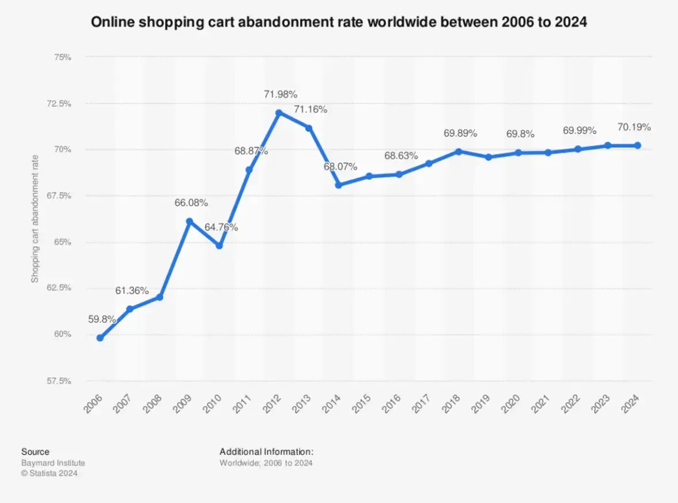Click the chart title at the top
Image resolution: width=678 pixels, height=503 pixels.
pyautogui.click(x=339, y=23)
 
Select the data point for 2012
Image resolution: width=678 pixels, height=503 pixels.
pyautogui.click(x=279, y=113)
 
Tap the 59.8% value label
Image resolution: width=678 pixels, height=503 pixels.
pyautogui.click(x=102, y=319)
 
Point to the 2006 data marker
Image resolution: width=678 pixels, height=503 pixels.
pyautogui.click(x=100, y=338)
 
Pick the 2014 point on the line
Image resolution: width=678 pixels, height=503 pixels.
pyautogui.click(x=339, y=185)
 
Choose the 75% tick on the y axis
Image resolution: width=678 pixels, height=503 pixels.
pyautogui.click(x=62, y=57)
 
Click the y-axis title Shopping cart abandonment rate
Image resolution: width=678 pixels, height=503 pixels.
pyautogui.click(x=35, y=219)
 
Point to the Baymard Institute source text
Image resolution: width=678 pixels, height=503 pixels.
pyautogui.click(x=53, y=463)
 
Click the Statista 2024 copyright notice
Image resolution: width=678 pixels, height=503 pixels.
pyautogui.click(x=49, y=473)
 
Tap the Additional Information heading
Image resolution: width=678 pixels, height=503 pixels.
pyautogui.click(x=266, y=452)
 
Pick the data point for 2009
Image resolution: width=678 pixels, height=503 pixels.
pyautogui.click(x=190, y=221)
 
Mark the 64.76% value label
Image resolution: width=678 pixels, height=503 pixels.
pyautogui.click(x=221, y=227)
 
